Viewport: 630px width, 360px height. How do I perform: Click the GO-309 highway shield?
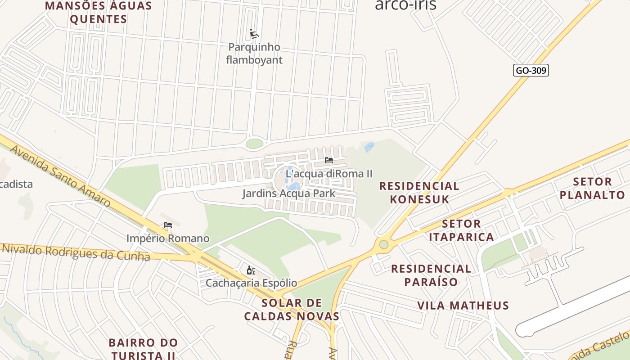pyautogui.click(x=531, y=70)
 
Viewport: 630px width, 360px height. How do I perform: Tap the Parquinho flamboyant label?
pyautogui.click(x=254, y=54)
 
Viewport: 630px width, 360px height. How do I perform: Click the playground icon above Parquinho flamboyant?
pyautogui.click(x=254, y=34)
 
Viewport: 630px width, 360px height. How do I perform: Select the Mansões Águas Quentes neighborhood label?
pyautogui.click(x=99, y=13)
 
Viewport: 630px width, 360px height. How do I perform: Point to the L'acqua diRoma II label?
pyautogui.click(x=329, y=174)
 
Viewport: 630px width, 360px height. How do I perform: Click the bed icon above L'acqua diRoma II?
pyautogui.click(x=329, y=160)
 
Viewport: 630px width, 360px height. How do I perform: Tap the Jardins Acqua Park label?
pyautogui.click(x=289, y=193)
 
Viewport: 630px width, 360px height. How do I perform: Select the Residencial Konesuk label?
pyautogui.click(x=419, y=193)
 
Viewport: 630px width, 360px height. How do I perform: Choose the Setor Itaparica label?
pyautogui.click(x=461, y=230)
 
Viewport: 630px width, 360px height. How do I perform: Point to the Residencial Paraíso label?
pyautogui.click(x=431, y=275)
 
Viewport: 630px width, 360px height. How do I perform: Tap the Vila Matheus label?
pyautogui.click(x=463, y=306)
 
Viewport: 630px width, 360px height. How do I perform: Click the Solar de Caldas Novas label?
pyautogui.click(x=292, y=309)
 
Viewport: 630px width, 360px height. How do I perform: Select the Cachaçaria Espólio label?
pyautogui.click(x=251, y=283)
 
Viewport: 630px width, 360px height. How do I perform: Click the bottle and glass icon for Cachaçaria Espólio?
pyautogui.click(x=251, y=270)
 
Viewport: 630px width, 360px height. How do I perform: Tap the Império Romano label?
pyautogui.click(x=168, y=238)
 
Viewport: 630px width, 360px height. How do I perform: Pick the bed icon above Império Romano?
pyautogui.click(x=168, y=225)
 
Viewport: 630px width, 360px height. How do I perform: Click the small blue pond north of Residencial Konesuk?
pyautogui.click(x=369, y=147)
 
